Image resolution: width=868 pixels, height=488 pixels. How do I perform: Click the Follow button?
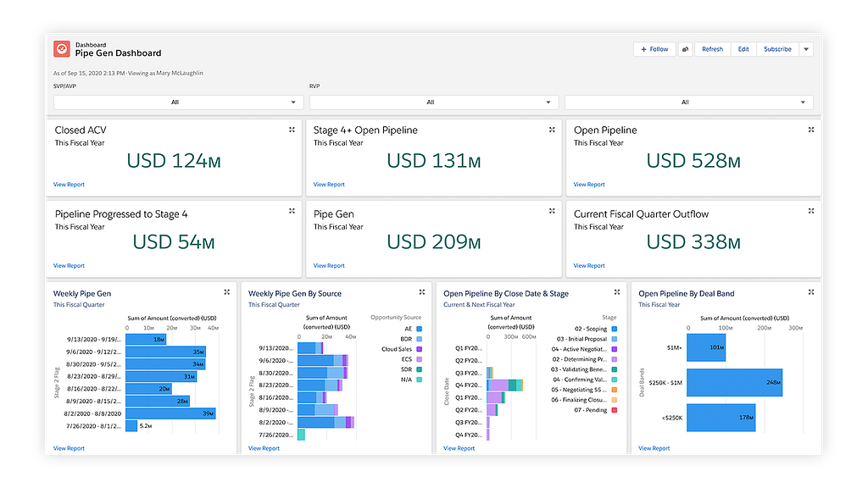coord(654,49)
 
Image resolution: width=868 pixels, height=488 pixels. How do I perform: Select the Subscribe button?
coord(777,49)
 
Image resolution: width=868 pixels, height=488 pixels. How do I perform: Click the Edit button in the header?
coord(743,49)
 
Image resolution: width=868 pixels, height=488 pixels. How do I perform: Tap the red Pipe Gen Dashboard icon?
coord(62,49)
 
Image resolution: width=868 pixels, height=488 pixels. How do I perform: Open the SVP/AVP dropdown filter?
coord(178,103)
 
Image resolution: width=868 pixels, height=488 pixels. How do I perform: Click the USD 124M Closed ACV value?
coord(170,161)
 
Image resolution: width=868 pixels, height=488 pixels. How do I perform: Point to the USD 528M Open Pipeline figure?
coord(693,161)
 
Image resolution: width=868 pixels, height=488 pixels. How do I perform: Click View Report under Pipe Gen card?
coord(329,266)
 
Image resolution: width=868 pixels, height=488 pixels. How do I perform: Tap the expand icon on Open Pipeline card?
coord(811,130)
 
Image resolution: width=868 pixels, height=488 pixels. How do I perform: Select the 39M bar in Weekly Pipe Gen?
coord(170,413)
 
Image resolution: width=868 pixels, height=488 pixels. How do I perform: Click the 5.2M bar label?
coord(146,426)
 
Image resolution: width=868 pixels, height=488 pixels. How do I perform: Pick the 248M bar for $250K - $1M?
coord(734,382)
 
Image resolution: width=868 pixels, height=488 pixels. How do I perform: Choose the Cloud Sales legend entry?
coord(397,349)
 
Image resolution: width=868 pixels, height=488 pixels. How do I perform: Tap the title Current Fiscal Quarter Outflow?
coord(641,214)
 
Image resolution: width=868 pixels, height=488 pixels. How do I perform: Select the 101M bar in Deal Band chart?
coord(706,347)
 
